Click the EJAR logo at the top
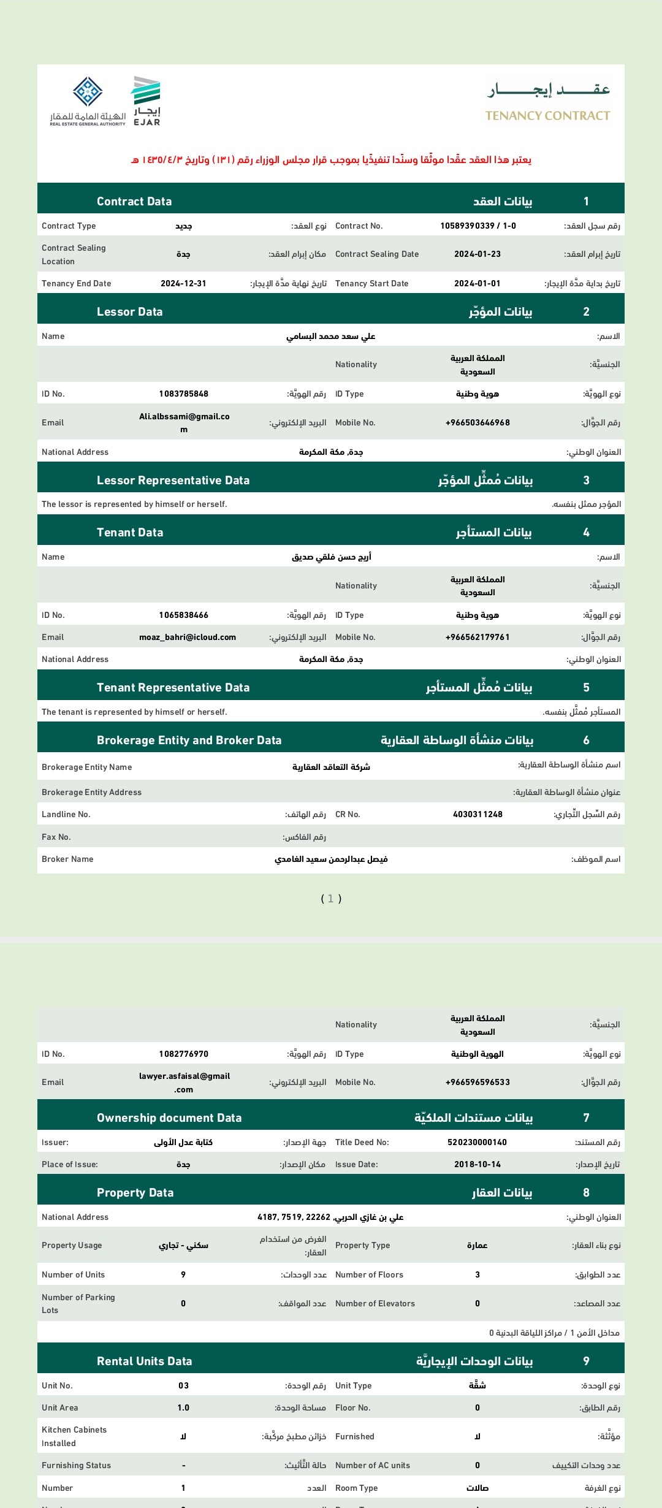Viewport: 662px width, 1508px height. (x=146, y=101)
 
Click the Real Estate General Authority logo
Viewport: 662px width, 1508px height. (x=88, y=101)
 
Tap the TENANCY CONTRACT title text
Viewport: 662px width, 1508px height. (x=547, y=116)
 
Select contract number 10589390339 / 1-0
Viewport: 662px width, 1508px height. (x=478, y=226)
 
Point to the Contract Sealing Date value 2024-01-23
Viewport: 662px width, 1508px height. (x=477, y=254)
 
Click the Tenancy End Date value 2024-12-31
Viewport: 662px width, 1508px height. (x=183, y=284)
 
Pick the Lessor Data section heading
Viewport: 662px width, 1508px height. (x=129, y=312)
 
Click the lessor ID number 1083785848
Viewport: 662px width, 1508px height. (x=183, y=394)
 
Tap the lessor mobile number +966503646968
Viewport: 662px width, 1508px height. (x=477, y=423)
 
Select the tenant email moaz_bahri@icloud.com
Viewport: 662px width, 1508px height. (x=188, y=638)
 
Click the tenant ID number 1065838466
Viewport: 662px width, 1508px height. (x=183, y=615)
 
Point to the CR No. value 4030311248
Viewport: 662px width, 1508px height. (x=477, y=815)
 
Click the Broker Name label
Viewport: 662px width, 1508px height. (x=67, y=859)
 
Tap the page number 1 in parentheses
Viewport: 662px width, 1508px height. (x=331, y=899)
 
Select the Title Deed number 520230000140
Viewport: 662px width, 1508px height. (x=477, y=1143)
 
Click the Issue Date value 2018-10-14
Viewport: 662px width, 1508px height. (x=477, y=1165)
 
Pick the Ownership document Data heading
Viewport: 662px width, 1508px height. (x=169, y=1118)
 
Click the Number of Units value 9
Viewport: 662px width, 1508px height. (x=183, y=1275)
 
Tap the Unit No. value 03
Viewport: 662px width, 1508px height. (x=183, y=1386)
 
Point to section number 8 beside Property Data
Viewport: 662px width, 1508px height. (x=586, y=1193)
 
